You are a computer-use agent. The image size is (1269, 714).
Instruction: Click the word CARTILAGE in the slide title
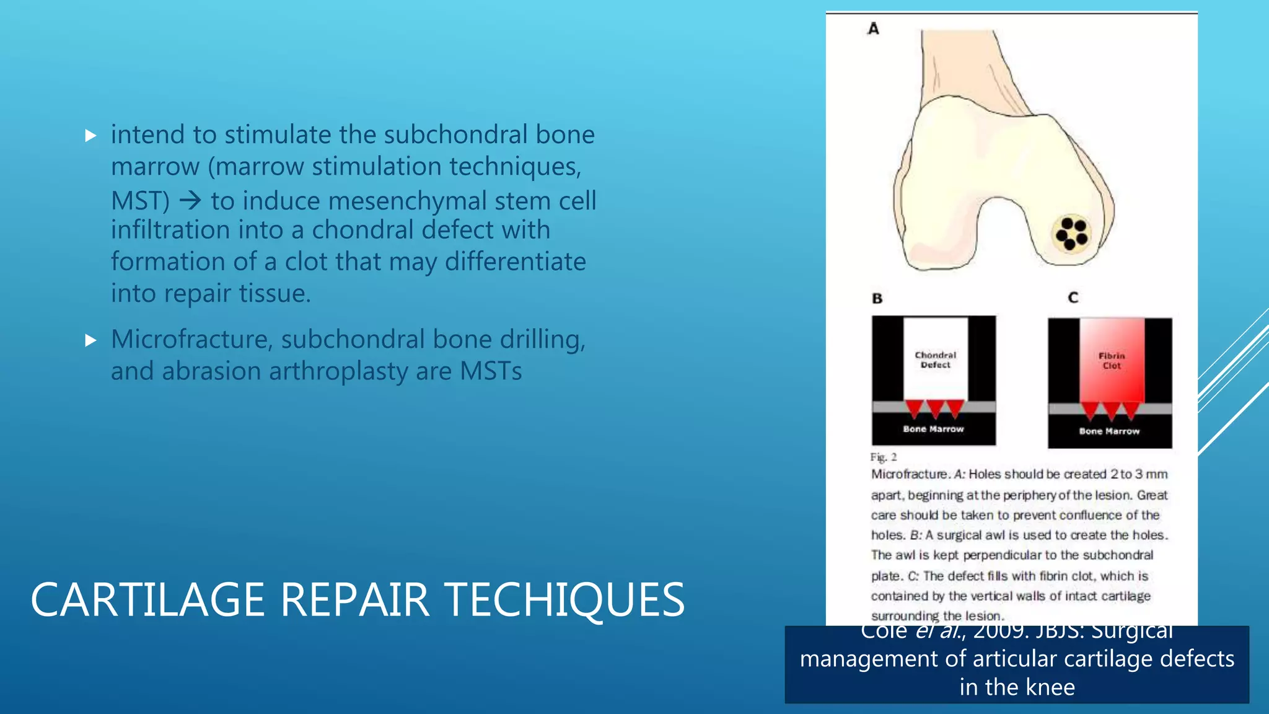tap(148, 600)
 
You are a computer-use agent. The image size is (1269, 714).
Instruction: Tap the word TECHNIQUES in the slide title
tap(564, 600)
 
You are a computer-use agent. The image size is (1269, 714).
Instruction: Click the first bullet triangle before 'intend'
tap(91, 136)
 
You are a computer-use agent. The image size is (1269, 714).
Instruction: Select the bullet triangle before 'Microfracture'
tap(91, 340)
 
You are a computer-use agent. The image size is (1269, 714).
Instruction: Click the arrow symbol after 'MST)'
tap(190, 200)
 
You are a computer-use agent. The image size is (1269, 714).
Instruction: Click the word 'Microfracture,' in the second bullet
tap(191, 340)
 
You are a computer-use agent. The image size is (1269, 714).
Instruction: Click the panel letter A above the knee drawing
tap(874, 29)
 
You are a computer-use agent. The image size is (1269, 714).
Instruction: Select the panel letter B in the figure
tap(877, 299)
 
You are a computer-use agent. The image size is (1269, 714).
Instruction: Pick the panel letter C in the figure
tap(1073, 298)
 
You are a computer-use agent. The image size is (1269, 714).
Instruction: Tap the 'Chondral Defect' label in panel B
tap(935, 360)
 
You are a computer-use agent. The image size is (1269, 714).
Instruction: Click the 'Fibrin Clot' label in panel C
tap(1112, 361)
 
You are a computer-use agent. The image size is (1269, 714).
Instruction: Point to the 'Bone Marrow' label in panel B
tap(933, 429)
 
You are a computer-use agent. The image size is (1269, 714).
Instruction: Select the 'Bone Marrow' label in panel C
tap(1109, 431)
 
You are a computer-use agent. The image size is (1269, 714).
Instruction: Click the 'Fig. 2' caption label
tap(883, 457)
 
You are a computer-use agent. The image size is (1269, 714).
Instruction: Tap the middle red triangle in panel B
tap(935, 408)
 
